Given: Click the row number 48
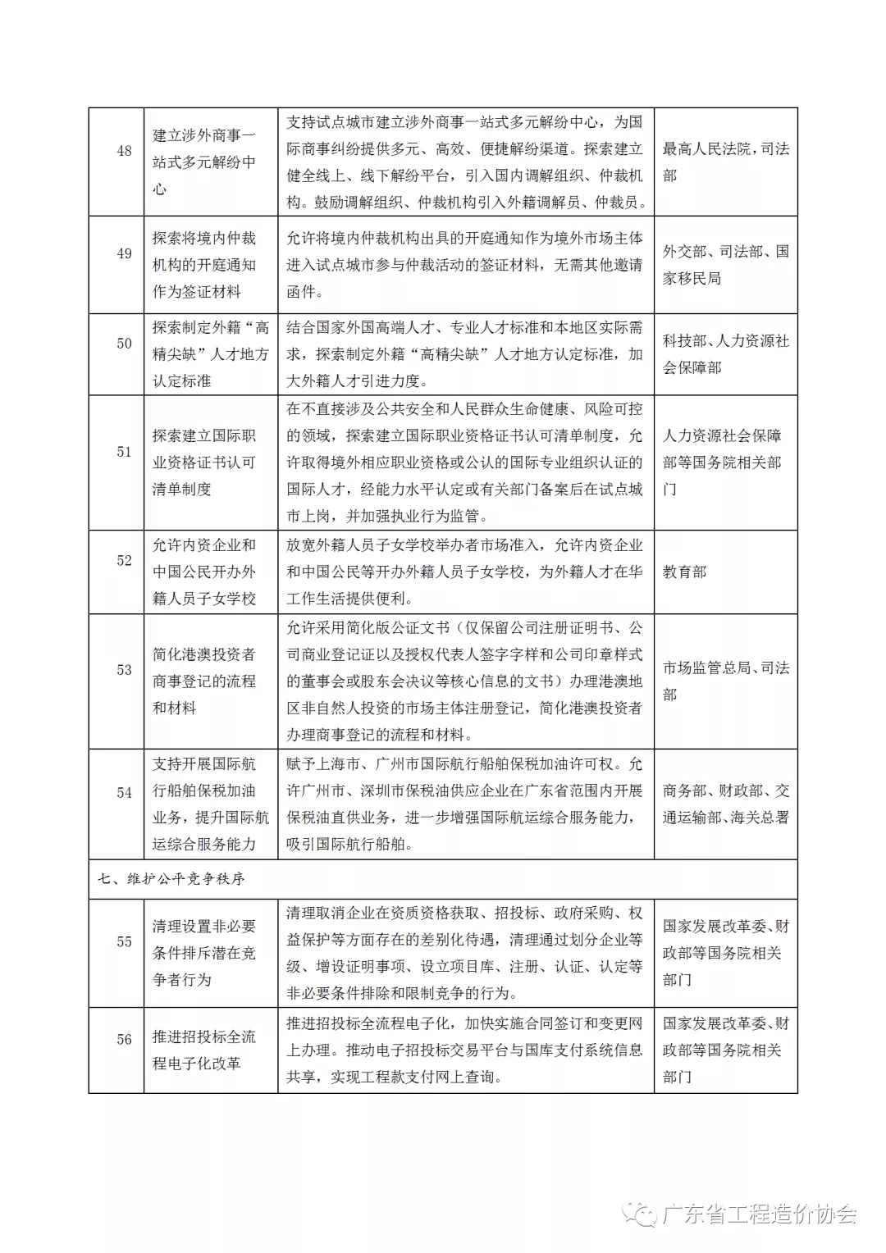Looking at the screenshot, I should click(124, 151).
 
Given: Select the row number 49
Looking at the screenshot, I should click(124, 253).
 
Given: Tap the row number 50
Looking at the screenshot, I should click(124, 344).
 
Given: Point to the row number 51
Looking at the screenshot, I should click(124, 452).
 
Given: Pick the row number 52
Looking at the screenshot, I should click(124, 561).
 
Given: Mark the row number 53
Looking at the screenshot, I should click(124, 670).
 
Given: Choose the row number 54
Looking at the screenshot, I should click(124, 793).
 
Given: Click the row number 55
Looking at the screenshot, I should click(124, 942).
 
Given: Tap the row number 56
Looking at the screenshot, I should click(124, 1040).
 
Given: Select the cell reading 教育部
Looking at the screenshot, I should click(684, 572).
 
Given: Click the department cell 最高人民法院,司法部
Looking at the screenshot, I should click(725, 162).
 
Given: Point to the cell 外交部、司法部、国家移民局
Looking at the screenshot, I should click(725, 265).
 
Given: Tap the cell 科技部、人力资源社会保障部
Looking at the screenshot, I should click(725, 354).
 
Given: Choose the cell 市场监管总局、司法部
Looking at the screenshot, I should click(725, 681).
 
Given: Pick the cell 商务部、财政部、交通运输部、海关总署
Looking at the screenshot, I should click(725, 804).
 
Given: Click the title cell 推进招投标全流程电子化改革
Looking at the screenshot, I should click(204, 1050).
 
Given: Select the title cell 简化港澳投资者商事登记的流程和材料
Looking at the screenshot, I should click(204, 681).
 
